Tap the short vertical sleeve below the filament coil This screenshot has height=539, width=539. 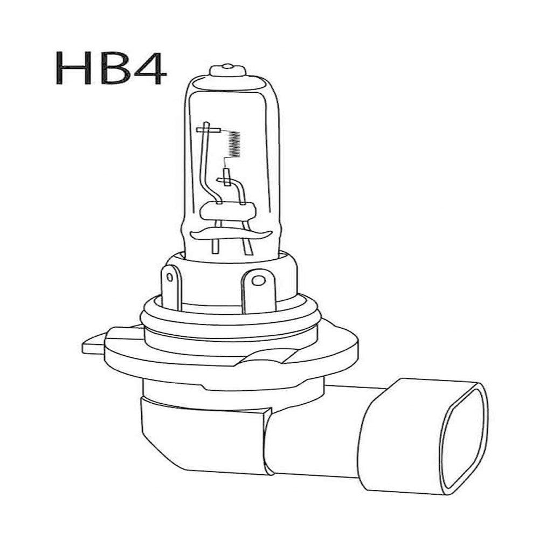pyautogui.click(x=225, y=177)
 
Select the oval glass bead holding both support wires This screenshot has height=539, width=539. pyautogui.click(x=227, y=210)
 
